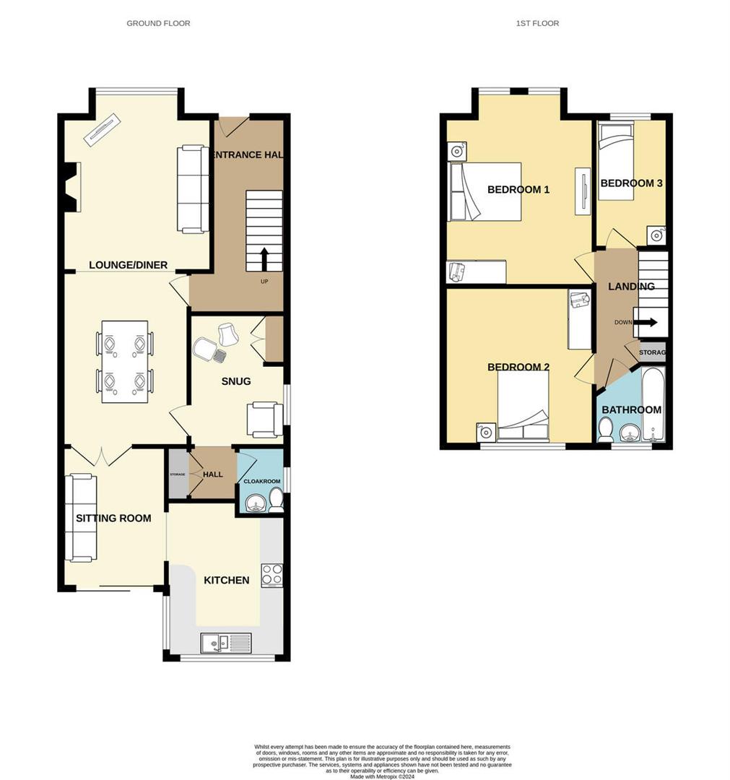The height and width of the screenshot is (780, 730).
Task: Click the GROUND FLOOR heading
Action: [158, 24]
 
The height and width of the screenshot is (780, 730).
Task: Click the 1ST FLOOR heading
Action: [537, 24]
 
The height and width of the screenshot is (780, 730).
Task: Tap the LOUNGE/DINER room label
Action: [128, 265]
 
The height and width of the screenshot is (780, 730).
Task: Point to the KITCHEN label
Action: [227, 580]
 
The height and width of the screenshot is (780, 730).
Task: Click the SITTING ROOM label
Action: [114, 518]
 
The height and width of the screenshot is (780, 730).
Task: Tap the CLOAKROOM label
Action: [261, 482]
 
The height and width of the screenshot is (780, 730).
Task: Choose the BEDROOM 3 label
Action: [631, 183]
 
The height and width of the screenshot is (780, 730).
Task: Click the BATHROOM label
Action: [631, 409]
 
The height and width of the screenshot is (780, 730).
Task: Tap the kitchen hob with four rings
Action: [271, 574]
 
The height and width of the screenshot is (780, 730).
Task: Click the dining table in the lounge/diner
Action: [124, 361]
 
